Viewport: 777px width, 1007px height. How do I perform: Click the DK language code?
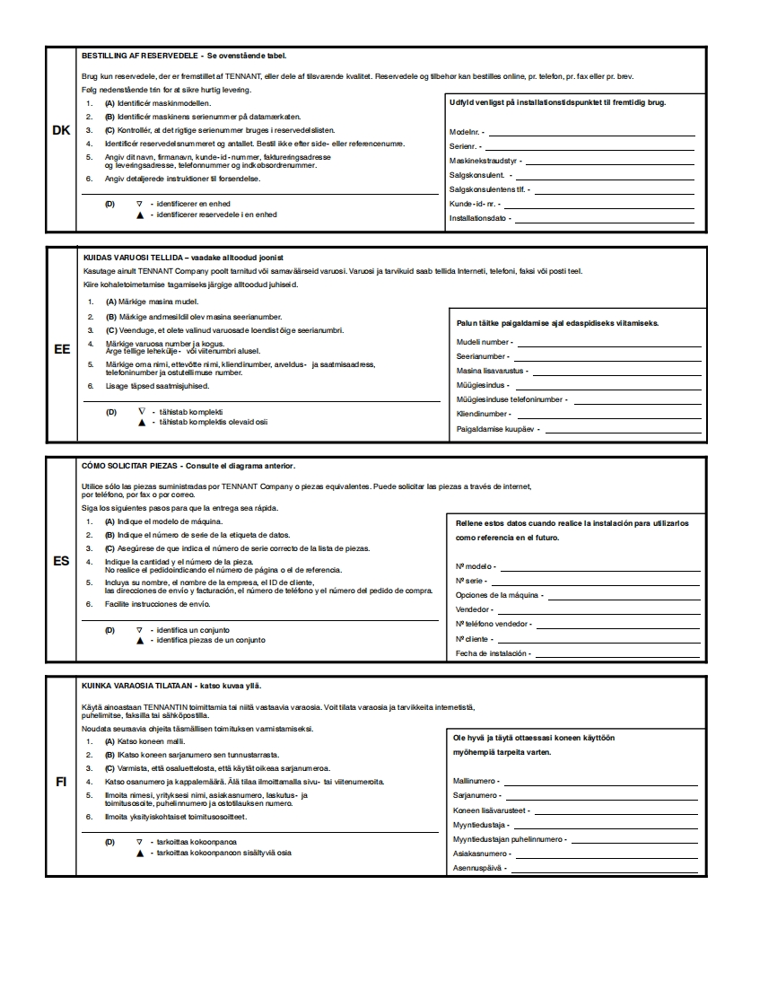click(61, 131)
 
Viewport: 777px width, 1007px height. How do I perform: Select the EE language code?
click(62, 349)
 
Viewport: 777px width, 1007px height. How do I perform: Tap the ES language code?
click(62, 562)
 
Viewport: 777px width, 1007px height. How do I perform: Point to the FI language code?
click(61, 781)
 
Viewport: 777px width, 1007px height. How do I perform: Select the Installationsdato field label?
click(478, 218)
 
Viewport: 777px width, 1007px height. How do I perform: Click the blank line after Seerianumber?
click(606, 356)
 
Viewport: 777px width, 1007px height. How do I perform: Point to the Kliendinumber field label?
click(484, 415)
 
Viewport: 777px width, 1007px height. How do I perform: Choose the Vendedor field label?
click(473, 609)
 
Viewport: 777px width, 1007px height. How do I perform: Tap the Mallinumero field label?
click(477, 781)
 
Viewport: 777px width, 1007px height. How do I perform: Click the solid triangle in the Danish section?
click(139, 215)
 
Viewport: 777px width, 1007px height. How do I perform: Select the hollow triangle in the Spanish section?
click(139, 630)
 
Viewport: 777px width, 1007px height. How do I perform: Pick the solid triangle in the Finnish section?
click(139, 853)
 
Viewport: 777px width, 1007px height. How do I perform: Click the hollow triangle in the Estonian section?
click(141, 412)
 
